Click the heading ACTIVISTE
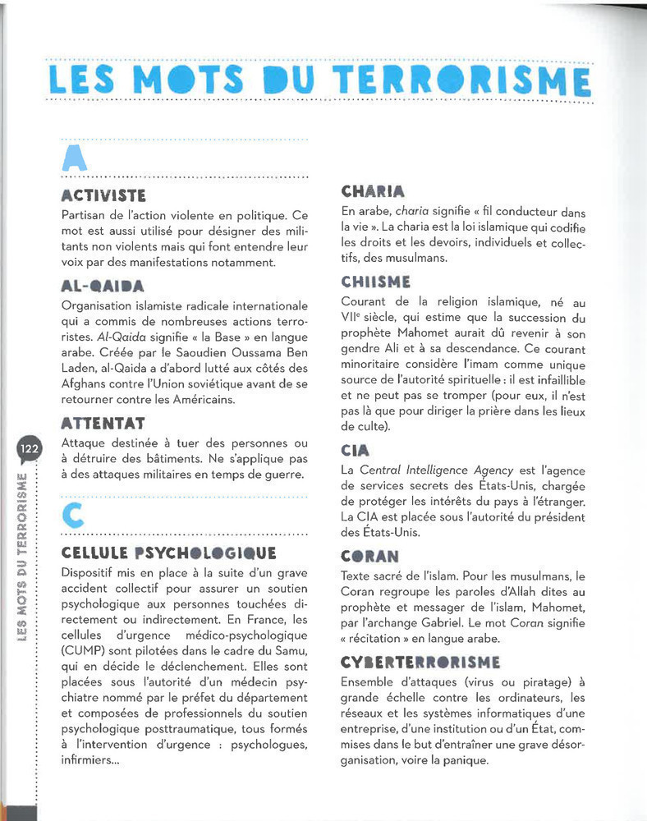103,195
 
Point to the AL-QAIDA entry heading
103,287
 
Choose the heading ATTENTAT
103,424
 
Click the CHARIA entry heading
373,192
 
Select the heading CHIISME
375,282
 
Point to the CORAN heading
369,556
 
